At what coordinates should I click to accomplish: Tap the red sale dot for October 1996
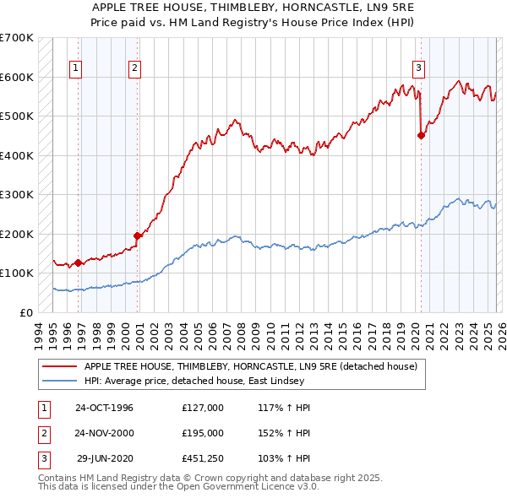coord(79,263)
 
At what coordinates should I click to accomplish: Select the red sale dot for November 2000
coord(137,235)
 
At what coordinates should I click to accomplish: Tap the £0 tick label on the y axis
coord(25,312)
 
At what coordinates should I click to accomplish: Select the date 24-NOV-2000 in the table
coord(104,433)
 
